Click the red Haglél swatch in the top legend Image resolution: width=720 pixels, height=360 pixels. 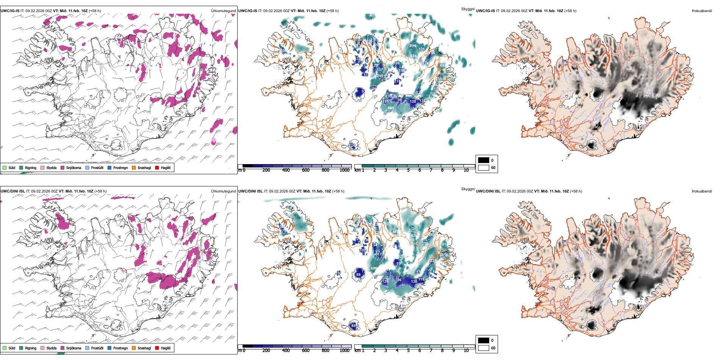[x=157, y=167]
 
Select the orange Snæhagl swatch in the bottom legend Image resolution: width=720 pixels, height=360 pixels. [x=134, y=348]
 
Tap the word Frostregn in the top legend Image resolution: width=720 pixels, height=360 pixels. [x=120, y=167]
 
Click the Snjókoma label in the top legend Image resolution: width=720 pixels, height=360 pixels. [x=74, y=167]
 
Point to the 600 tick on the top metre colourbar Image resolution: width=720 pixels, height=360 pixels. [x=306, y=170]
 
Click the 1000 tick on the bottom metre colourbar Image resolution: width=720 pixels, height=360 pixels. [x=344, y=351]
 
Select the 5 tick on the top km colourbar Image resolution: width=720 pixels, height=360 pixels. [x=409, y=170]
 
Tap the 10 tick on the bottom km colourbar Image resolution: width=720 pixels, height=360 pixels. [x=466, y=351]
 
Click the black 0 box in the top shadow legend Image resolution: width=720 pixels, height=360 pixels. [x=484, y=160]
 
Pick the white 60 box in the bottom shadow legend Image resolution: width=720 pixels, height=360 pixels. [x=484, y=348]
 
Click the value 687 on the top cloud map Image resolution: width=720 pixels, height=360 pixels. [x=443, y=66]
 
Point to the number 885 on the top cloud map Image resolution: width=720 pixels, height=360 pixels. [x=391, y=108]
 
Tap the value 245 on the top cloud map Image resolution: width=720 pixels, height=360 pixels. [x=380, y=76]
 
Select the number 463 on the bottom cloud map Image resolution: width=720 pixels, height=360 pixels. [x=395, y=232]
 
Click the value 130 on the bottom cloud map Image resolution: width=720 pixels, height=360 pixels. [x=414, y=281]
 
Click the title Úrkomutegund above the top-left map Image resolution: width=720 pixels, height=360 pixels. [x=223, y=11]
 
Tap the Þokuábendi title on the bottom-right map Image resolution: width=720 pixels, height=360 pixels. [x=702, y=191]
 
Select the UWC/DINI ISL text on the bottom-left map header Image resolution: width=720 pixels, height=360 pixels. [x=13, y=191]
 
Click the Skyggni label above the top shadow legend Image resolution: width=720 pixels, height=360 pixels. [x=468, y=9]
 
